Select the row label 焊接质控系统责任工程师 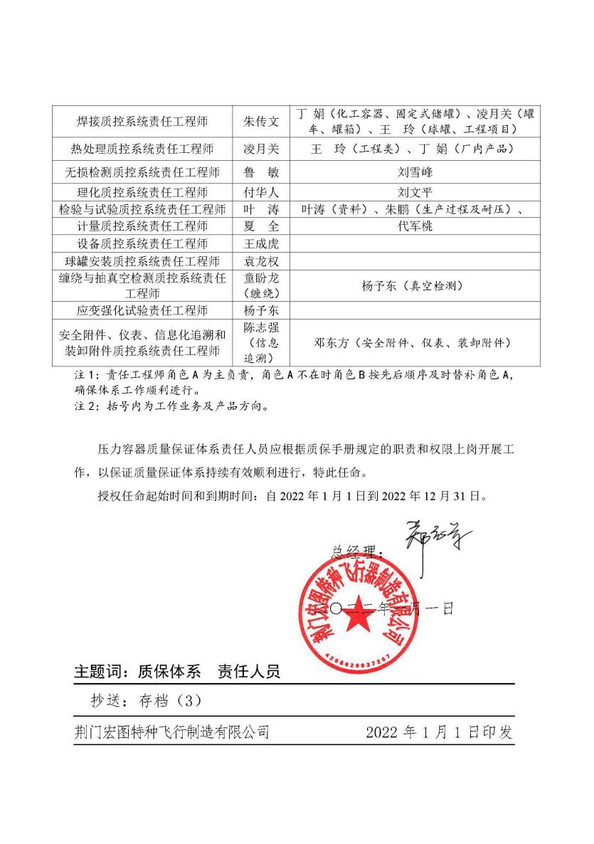tap(142, 122)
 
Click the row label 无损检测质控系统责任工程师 tap(142, 172)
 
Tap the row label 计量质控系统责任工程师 tap(142, 226)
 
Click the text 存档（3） tap(163, 701)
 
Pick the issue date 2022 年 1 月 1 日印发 tap(439, 733)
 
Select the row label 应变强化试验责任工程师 tap(142, 311)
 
